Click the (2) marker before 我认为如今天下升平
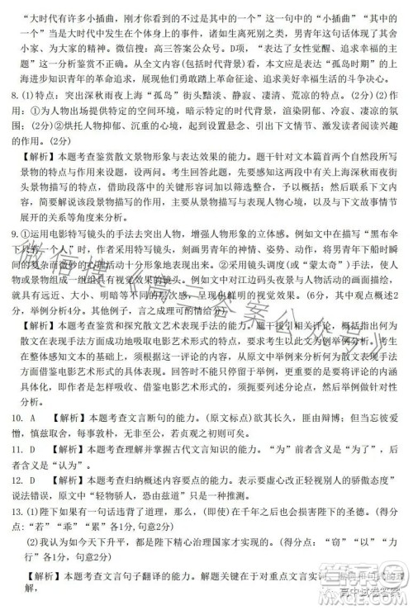click(32, 570)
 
